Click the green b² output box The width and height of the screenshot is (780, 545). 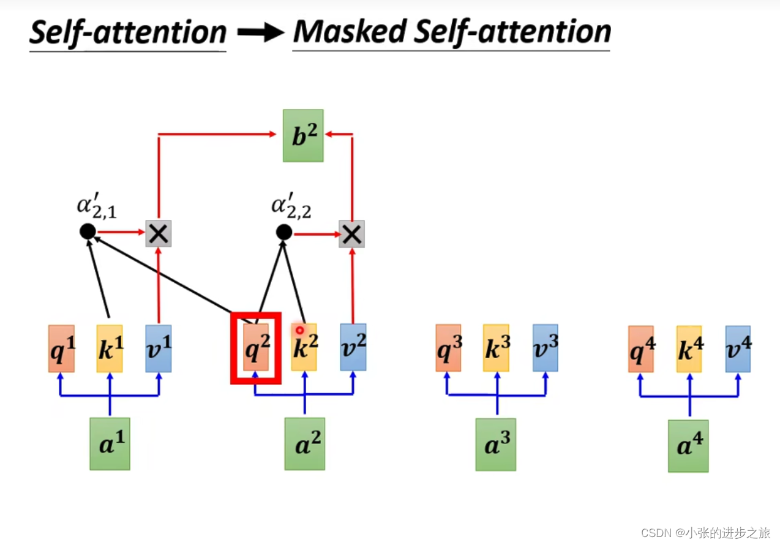(x=303, y=136)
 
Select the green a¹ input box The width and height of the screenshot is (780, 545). (x=110, y=444)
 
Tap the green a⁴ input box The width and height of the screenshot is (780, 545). (x=688, y=446)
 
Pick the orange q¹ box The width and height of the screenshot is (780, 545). (x=61, y=348)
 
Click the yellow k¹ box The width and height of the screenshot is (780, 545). (x=110, y=348)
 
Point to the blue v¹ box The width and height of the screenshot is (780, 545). (x=159, y=348)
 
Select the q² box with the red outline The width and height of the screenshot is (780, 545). (x=256, y=348)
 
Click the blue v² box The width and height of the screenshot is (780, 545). (x=353, y=347)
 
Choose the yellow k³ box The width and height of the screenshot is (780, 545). (x=496, y=348)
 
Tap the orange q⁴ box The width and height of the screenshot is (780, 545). (x=640, y=349)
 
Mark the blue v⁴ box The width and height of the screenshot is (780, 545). (x=738, y=349)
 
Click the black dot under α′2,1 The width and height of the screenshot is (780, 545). (x=88, y=231)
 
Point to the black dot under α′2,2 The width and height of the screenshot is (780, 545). (x=283, y=232)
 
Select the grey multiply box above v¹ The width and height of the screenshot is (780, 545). (x=159, y=233)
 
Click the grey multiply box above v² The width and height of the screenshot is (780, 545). (x=352, y=234)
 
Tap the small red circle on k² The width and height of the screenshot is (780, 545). (x=300, y=330)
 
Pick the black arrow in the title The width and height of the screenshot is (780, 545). (x=260, y=34)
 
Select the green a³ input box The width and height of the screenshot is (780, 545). (x=496, y=445)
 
